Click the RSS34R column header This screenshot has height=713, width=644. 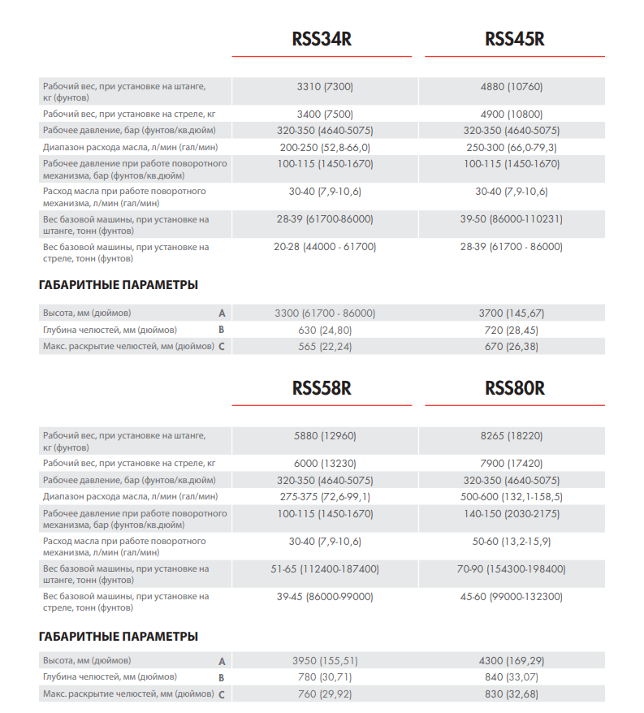click(322, 40)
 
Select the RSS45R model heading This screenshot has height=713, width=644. click(515, 40)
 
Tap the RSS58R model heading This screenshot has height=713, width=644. click(322, 389)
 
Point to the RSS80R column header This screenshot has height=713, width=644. click(515, 389)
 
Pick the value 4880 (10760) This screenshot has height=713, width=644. click(512, 86)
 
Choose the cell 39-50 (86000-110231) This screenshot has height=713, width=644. click(512, 218)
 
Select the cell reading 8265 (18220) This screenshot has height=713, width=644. click(512, 435)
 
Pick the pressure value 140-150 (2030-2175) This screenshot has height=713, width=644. click(512, 513)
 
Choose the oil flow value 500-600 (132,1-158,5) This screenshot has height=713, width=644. click(512, 496)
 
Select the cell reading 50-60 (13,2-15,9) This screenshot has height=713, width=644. click(512, 541)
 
